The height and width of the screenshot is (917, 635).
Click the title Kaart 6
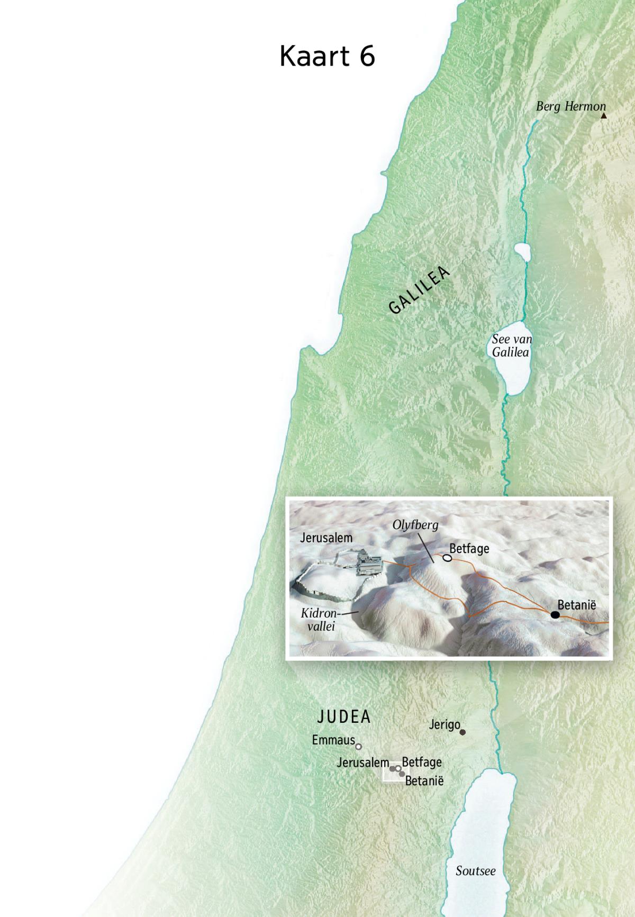327,56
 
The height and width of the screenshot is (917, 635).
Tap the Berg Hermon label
570,106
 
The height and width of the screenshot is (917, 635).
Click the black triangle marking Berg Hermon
603,115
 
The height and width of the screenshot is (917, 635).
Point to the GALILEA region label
419,290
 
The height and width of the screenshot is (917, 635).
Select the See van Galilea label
511,346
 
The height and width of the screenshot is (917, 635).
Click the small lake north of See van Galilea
522,252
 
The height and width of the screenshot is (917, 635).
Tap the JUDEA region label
344,717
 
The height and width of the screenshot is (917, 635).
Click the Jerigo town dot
462,732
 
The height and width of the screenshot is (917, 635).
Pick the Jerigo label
444,724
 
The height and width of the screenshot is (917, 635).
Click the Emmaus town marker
358,747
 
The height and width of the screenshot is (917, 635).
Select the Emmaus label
333,740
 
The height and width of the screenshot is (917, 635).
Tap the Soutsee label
476,870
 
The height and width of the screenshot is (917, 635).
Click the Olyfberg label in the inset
415,525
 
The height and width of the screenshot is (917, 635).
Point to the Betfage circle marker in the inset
447,558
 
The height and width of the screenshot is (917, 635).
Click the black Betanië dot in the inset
555,614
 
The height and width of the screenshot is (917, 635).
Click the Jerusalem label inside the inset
326,538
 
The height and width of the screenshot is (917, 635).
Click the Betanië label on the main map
424,780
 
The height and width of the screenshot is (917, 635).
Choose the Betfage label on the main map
422,762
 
